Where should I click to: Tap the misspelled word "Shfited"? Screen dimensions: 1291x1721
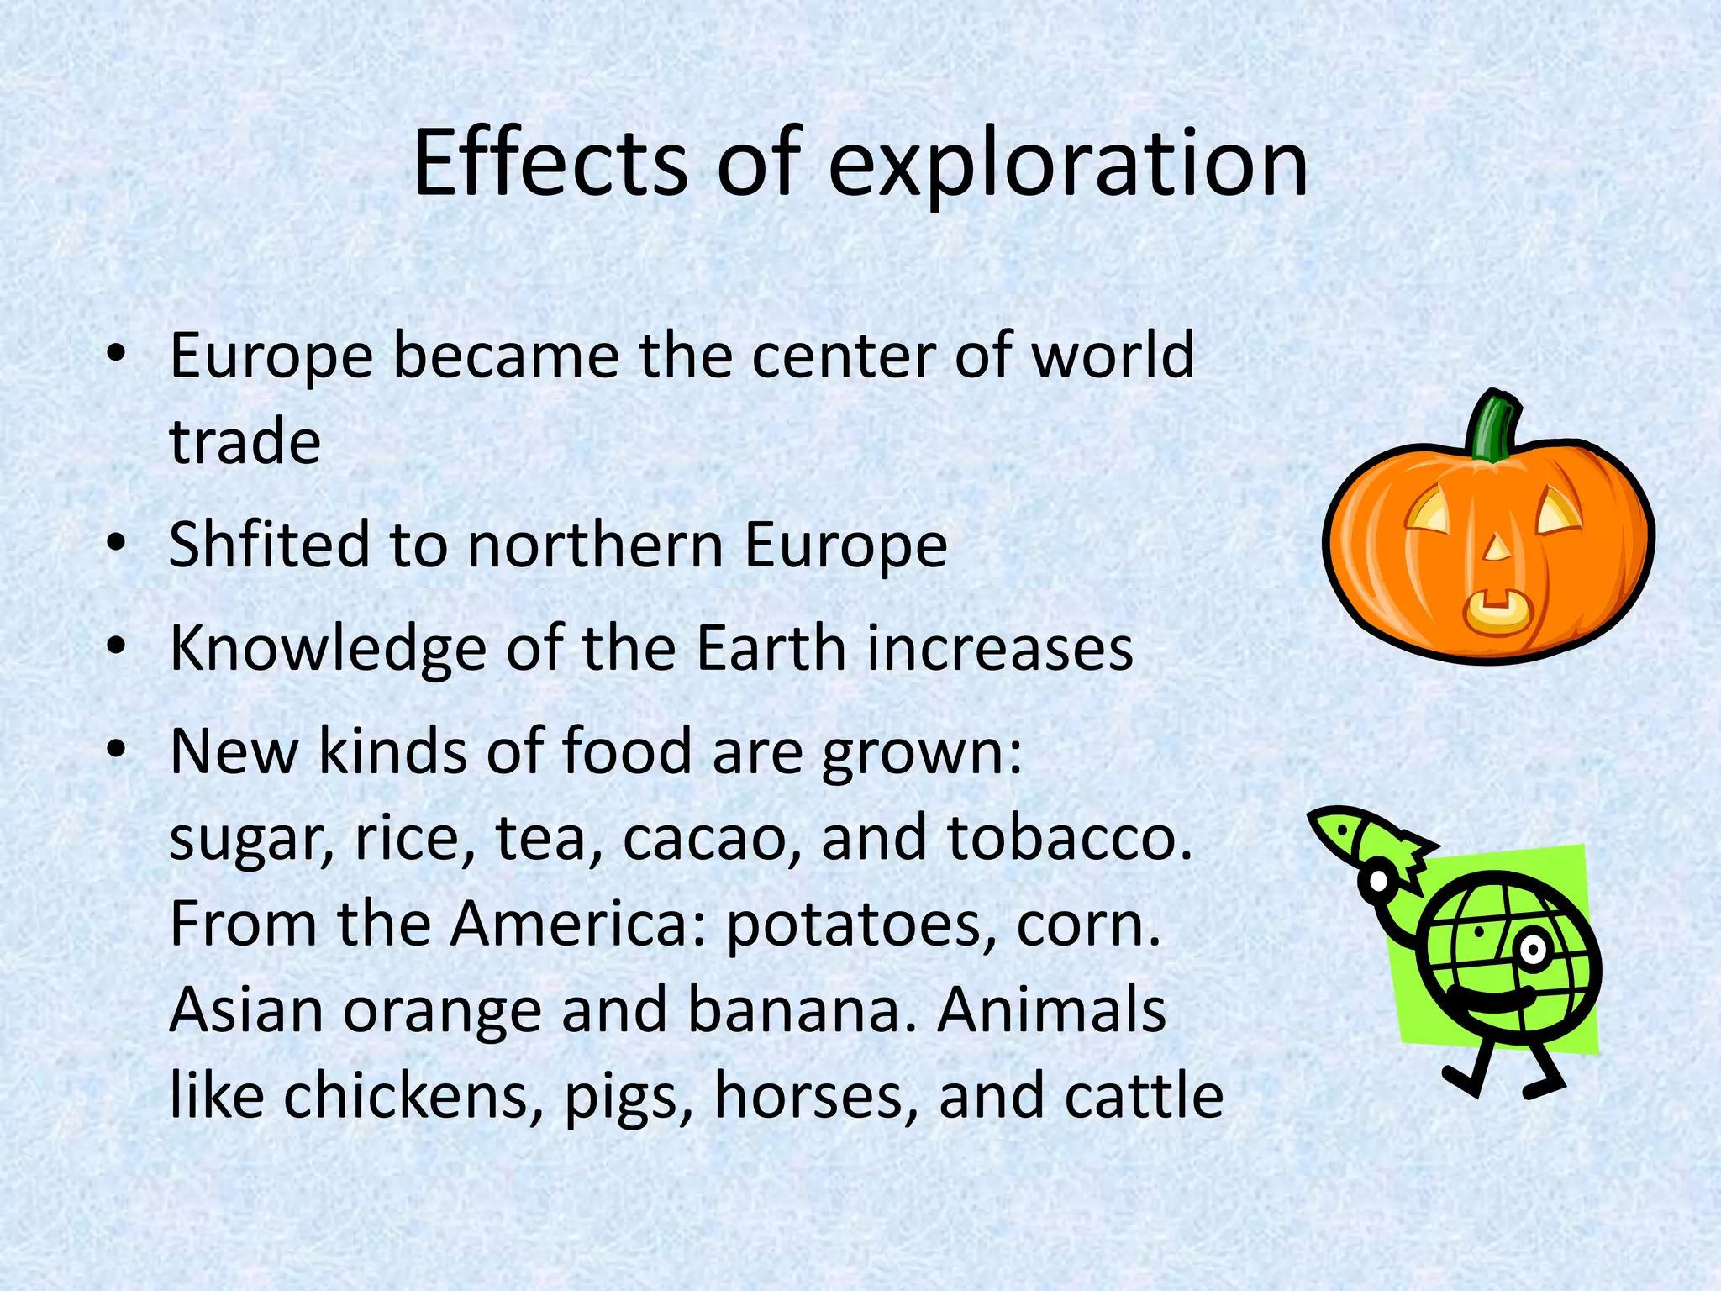click(x=269, y=545)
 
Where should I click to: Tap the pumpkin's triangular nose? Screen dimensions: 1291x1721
click(x=1496, y=549)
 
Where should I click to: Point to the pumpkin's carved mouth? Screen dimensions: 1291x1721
click(x=1496, y=612)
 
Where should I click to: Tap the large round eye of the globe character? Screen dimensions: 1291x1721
click(x=1532, y=951)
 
